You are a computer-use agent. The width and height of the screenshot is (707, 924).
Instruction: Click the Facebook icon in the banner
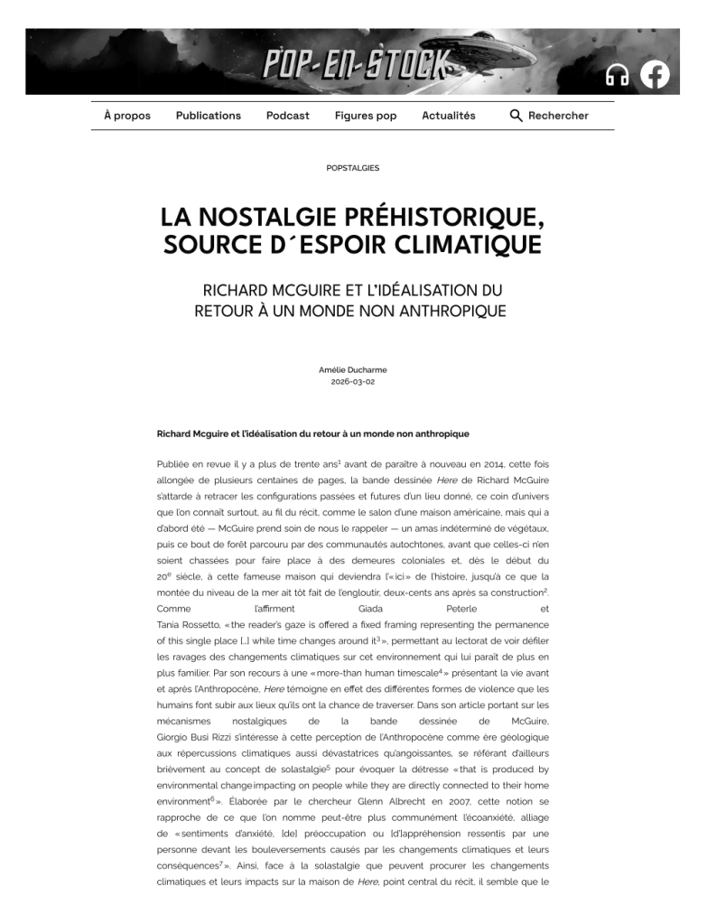tap(655, 74)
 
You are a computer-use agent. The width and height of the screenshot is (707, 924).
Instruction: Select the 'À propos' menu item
tap(127, 116)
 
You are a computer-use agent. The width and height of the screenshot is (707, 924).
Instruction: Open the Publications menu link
tap(209, 116)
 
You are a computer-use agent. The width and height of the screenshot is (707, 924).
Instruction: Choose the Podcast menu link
tap(287, 116)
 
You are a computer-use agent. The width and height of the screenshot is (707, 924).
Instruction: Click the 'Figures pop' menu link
tap(366, 116)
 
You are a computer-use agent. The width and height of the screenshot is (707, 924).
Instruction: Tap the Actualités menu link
tap(449, 116)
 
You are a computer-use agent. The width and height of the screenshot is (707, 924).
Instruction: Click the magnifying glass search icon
tap(516, 116)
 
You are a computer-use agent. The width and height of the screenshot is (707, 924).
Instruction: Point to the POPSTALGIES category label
tap(353, 168)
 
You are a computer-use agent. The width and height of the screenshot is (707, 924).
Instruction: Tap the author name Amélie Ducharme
tap(353, 369)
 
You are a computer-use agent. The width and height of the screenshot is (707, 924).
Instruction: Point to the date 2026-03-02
tap(353, 381)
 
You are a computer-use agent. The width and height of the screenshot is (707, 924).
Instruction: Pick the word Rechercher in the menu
tap(558, 116)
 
